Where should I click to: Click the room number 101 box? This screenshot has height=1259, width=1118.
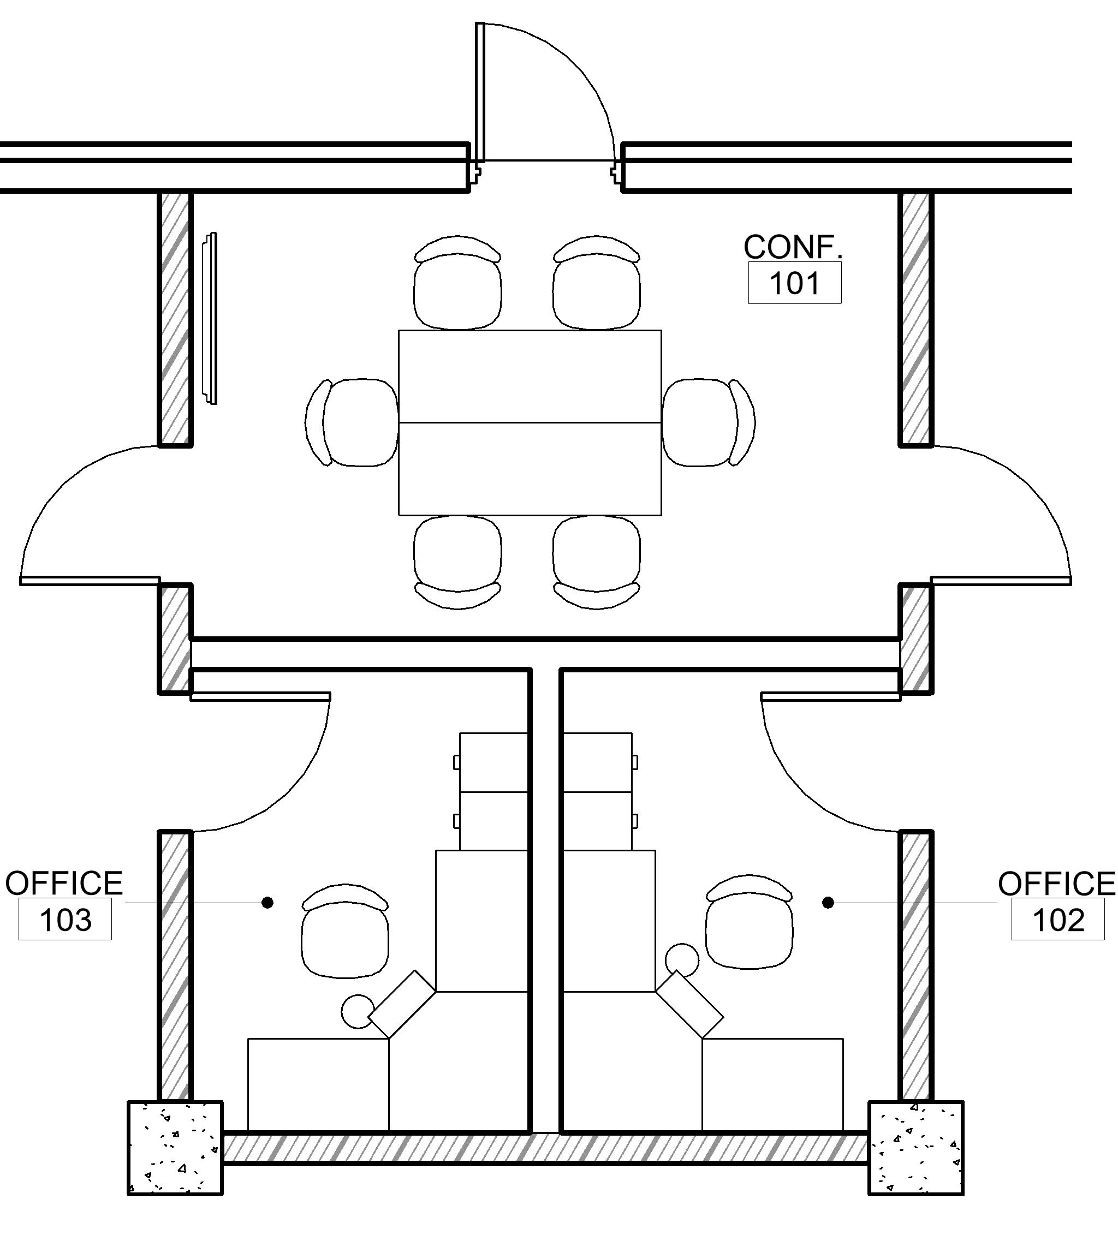(x=795, y=283)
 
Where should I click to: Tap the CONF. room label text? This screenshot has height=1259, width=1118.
(x=793, y=247)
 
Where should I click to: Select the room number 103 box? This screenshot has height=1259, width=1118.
(x=66, y=920)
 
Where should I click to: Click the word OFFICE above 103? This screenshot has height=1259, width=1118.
(x=64, y=884)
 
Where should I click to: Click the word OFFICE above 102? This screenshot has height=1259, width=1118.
(x=1056, y=884)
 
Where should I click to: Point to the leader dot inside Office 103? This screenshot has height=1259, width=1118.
(x=267, y=903)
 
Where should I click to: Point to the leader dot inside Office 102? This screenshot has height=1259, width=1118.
(x=828, y=903)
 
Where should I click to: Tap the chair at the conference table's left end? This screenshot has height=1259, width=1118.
(x=352, y=422)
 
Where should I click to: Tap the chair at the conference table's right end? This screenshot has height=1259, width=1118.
(x=709, y=422)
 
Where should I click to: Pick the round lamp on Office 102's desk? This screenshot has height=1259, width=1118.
(x=682, y=960)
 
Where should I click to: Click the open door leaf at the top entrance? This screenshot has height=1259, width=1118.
(x=480, y=93)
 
